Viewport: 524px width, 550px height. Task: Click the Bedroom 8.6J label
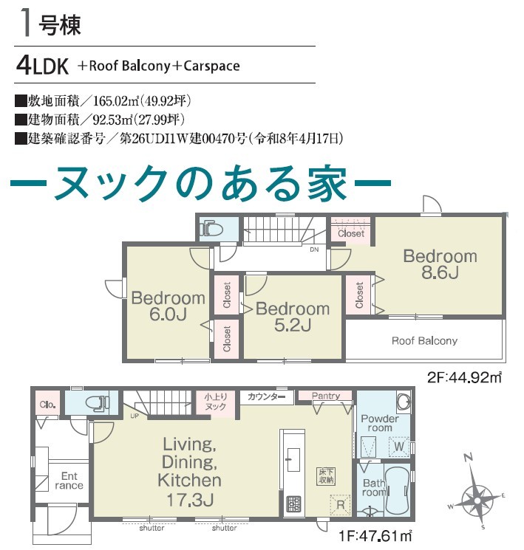click(440, 264)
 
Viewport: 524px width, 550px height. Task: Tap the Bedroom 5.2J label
click(293, 317)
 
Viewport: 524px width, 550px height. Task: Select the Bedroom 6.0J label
click(168, 306)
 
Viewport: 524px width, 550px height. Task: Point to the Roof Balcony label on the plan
click(424, 340)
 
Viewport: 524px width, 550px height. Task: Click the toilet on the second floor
click(211, 229)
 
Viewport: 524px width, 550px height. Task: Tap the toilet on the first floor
click(98, 402)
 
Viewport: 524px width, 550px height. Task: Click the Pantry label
click(326, 396)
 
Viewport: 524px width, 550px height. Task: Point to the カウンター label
click(266, 396)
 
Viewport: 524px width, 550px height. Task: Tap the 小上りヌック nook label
click(215, 402)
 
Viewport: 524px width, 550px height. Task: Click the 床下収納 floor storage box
click(326, 476)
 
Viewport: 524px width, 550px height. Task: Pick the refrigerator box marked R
click(340, 505)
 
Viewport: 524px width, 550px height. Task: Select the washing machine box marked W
click(399, 447)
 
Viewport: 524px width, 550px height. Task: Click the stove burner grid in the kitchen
click(293, 504)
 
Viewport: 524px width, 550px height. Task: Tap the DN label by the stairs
click(314, 250)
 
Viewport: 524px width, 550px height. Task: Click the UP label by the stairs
click(135, 416)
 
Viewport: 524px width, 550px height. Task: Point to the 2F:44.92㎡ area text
click(465, 377)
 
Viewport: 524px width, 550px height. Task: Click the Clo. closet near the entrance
click(47, 405)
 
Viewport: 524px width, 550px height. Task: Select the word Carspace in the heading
click(211, 66)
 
